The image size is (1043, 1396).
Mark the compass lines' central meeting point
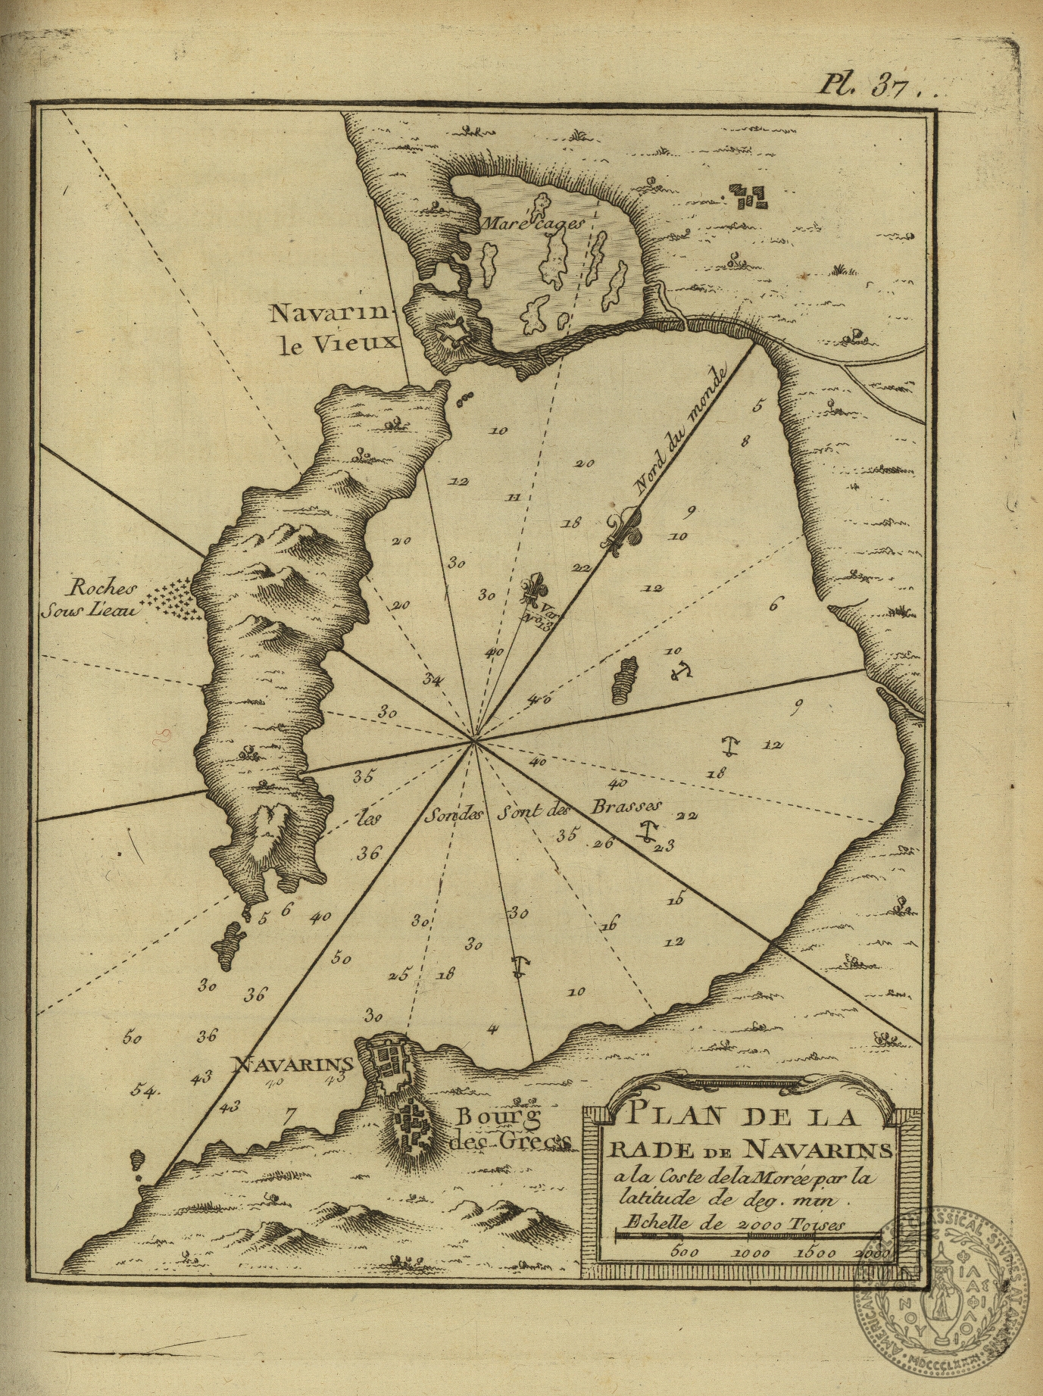[474, 742]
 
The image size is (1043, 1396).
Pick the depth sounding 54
[143, 1091]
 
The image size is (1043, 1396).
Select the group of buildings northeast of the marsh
[749, 197]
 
